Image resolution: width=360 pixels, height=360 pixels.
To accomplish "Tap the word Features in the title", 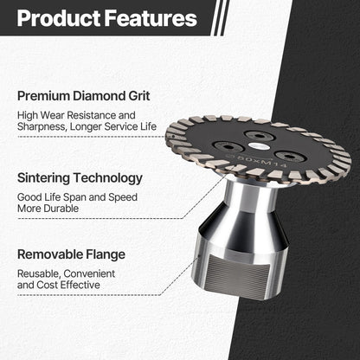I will coord(152,18).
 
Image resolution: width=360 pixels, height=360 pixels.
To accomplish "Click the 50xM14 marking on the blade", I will coord(260,163).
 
